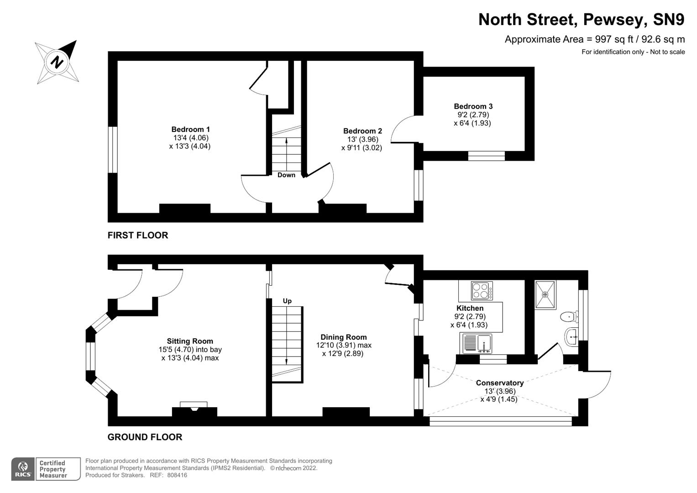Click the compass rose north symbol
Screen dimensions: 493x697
pos(57,62)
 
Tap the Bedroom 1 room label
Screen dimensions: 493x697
pos(190,130)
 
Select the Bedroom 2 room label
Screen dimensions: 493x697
pos(362,131)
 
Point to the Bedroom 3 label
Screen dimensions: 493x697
pos(473,106)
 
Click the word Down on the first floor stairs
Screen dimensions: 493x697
pos(286,175)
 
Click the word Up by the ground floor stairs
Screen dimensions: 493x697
pos(287,301)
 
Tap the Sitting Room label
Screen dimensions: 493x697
pos(190,341)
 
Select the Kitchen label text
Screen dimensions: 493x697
pos(470,309)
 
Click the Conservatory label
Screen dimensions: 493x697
pos(499,383)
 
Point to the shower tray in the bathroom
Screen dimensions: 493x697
pos(545,294)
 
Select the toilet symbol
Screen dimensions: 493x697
pos(568,316)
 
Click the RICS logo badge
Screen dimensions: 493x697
pos(23,469)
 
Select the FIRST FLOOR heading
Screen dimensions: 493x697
pos(138,236)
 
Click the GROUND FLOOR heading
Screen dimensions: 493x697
pos(145,437)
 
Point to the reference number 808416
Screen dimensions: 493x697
pos(177,475)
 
